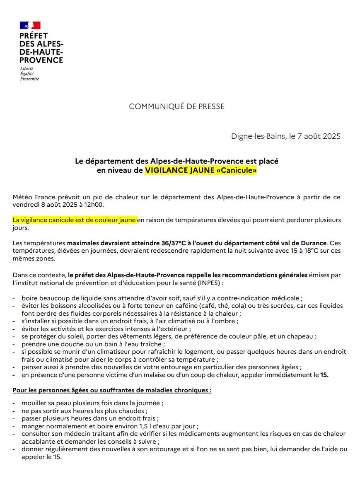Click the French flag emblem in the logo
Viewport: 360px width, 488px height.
tap(30, 25)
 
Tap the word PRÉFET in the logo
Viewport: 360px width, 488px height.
tap(34, 36)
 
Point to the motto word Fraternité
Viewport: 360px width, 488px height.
tap(29, 79)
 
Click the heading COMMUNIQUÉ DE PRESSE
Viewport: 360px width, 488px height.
tap(176, 106)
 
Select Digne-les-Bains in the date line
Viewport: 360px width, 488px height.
tap(258, 136)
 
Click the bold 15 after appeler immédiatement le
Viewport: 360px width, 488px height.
tap(324, 375)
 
